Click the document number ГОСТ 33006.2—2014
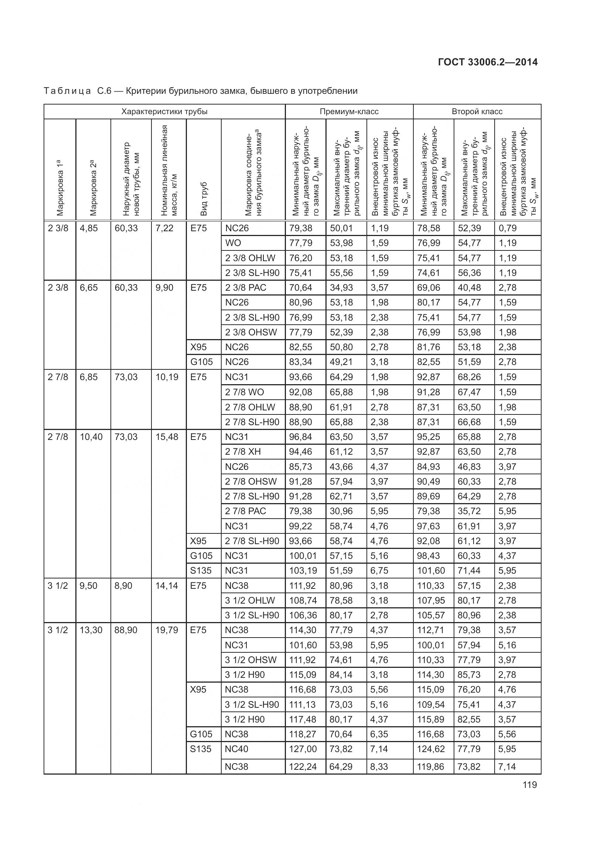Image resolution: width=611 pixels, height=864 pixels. [x=488, y=62]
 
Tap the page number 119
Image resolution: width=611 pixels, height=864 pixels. [x=529, y=785]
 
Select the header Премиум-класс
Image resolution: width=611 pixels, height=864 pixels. [x=349, y=112]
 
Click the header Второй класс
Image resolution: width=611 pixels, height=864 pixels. [x=477, y=112]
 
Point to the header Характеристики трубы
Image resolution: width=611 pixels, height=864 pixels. [x=164, y=112]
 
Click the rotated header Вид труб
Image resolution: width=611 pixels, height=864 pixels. [x=204, y=199]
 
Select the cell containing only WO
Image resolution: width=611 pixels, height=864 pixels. [x=233, y=243]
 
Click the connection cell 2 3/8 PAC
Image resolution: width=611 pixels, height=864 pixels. [x=245, y=288]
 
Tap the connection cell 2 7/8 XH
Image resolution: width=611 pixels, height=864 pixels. [x=243, y=451]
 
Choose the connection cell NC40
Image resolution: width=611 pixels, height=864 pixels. [x=236, y=749]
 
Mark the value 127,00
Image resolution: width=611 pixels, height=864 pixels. [x=303, y=749]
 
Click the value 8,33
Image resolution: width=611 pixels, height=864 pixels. [x=379, y=766]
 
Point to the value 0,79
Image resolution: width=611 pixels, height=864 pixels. [x=508, y=228]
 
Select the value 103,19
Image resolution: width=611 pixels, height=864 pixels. [x=303, y=570]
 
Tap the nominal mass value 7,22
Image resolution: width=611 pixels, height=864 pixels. [x=164, y=228]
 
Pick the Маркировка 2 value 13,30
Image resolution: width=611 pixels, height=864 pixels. [x=91, y=630]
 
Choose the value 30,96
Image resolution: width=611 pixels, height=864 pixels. [x=341, y=511]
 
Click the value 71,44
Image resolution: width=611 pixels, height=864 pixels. [x=469, y=570]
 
